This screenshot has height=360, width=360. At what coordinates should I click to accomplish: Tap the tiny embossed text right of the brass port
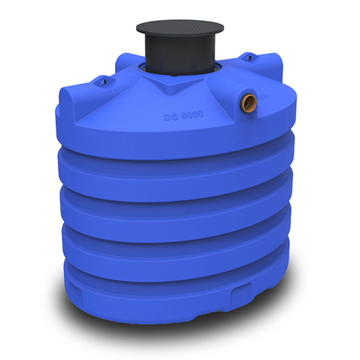pos(263,96)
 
